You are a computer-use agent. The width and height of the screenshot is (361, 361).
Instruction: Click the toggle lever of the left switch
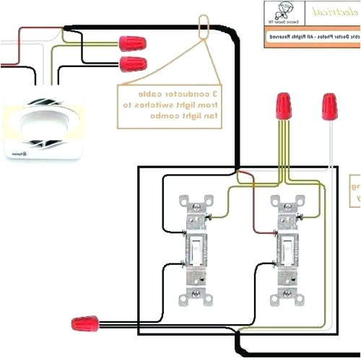tap(195, 249)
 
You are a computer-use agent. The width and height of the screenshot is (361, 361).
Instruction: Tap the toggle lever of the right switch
tap(282, 249)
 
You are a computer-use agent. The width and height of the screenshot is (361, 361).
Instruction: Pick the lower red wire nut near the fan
tap(131, 63)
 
